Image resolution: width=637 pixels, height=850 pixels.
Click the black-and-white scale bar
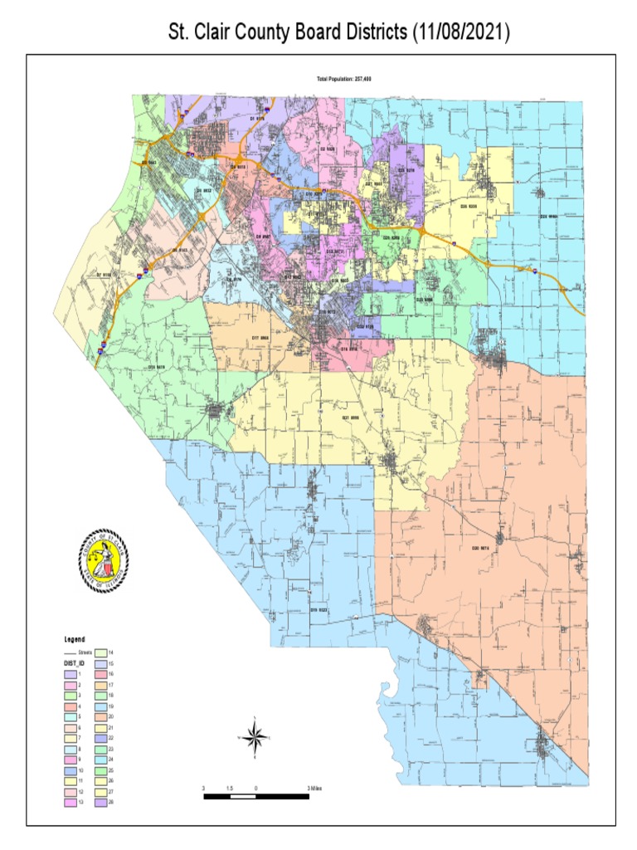coord(256,797)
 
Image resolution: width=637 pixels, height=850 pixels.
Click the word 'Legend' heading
coord(75,640)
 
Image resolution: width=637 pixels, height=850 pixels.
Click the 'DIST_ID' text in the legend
coord(75,664)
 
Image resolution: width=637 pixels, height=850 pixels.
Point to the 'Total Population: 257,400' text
coord(343,79)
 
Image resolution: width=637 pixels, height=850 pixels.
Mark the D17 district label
coord(260,338)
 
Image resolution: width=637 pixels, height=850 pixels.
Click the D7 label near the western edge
coord(104,274)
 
